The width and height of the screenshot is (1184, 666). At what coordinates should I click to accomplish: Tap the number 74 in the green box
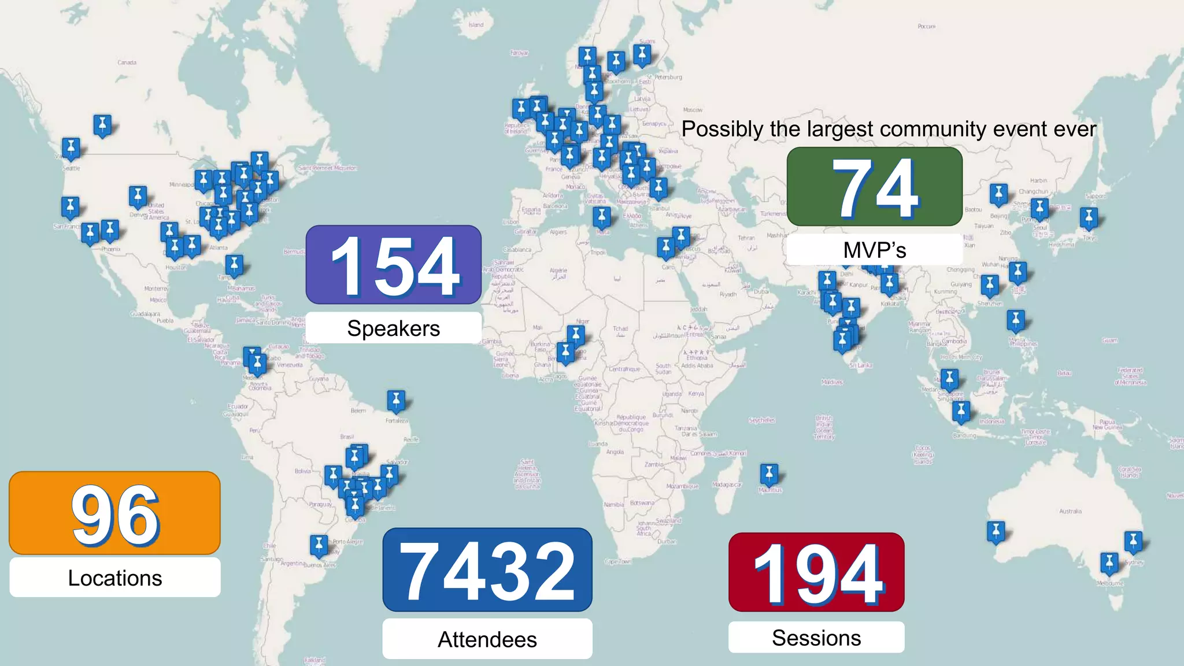875,187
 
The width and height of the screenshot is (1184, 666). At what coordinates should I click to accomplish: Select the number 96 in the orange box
115,514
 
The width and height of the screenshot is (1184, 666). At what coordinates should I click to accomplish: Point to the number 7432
487,571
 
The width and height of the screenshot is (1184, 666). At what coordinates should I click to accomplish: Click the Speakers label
394,328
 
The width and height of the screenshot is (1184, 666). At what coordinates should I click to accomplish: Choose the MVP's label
874,250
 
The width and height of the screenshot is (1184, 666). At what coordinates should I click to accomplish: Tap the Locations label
115,578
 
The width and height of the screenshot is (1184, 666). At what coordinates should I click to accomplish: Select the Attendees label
487,639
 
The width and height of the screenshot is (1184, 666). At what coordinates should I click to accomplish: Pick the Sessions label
816,638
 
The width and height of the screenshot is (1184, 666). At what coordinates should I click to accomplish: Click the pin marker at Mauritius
769,475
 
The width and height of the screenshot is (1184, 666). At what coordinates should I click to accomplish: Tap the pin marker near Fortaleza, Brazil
396,400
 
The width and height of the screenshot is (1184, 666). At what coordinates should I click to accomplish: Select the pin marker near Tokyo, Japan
1089,218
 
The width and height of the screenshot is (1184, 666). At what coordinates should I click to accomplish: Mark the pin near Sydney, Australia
1133,542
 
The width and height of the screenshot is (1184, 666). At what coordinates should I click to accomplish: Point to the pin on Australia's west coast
996,531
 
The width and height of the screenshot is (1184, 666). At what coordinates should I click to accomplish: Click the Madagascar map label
727,484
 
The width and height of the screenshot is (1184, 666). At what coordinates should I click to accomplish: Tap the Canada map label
127,62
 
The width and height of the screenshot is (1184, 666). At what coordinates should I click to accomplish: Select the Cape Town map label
618,561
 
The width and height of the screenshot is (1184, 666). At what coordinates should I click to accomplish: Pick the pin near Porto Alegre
319,545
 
